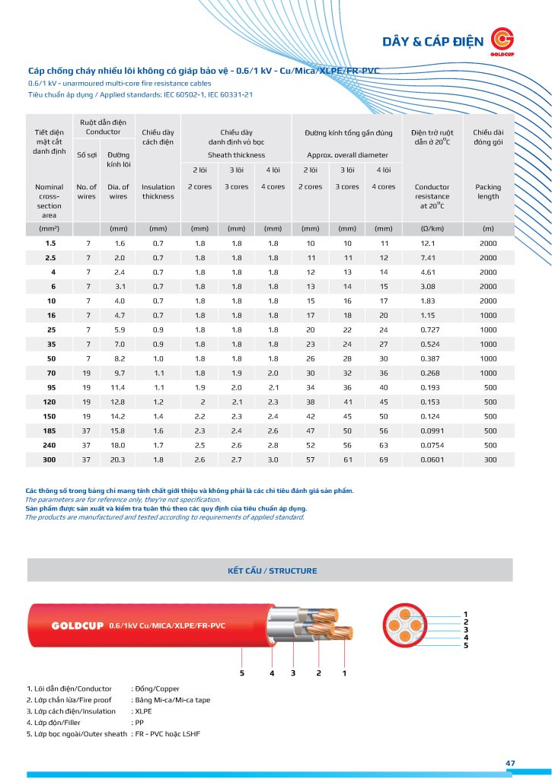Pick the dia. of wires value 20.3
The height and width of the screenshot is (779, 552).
[118, 459]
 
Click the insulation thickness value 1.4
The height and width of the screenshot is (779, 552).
[158, 416]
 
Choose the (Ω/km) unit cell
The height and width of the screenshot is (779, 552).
[432, 228]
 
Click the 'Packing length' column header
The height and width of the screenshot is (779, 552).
[488, 191]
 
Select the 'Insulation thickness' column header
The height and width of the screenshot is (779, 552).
[158, 191]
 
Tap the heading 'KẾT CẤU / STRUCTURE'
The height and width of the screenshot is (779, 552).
[273, 571]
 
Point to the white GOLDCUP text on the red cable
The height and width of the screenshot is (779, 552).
[78, 626]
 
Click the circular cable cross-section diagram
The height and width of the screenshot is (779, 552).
[407, 628]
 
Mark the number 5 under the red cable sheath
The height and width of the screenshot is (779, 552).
[242, 673]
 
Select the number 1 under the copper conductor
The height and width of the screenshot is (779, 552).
[344, 673]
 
